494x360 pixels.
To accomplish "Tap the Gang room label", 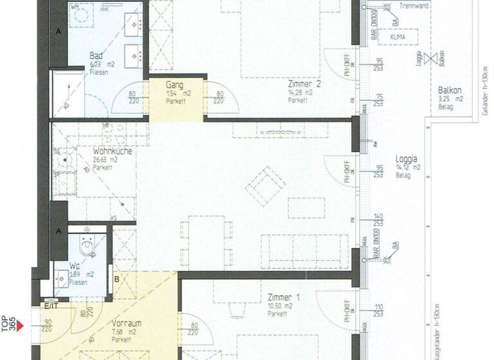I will (174, 85).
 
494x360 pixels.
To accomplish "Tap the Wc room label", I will (75, 265).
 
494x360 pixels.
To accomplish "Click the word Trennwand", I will (413, 6).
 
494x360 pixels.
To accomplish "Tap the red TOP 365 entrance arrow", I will (19, 326).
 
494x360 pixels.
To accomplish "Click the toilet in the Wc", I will (87, 245).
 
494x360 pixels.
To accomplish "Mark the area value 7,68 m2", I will (123, 332).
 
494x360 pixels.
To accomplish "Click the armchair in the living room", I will (266, 186).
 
